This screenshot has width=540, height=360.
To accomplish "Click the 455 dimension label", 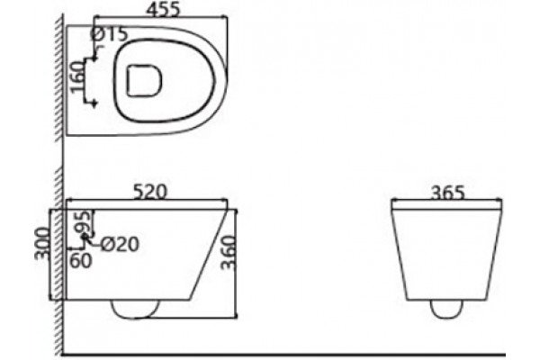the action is [163, 9].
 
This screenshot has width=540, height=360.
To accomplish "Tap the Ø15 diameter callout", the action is [109, 34].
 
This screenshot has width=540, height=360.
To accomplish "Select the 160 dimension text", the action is [77, 77].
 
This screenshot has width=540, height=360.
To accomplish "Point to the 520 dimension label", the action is [150, 192].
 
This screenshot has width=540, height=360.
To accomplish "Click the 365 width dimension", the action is [448, 193].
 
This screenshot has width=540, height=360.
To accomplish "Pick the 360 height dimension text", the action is [229, 253].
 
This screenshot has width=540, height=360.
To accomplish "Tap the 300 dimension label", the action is [43, 244].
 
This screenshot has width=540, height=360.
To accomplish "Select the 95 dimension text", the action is [83, 222].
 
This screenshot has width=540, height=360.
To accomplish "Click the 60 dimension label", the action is [81, 261].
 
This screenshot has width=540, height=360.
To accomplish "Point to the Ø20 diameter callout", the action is [121, 245].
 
